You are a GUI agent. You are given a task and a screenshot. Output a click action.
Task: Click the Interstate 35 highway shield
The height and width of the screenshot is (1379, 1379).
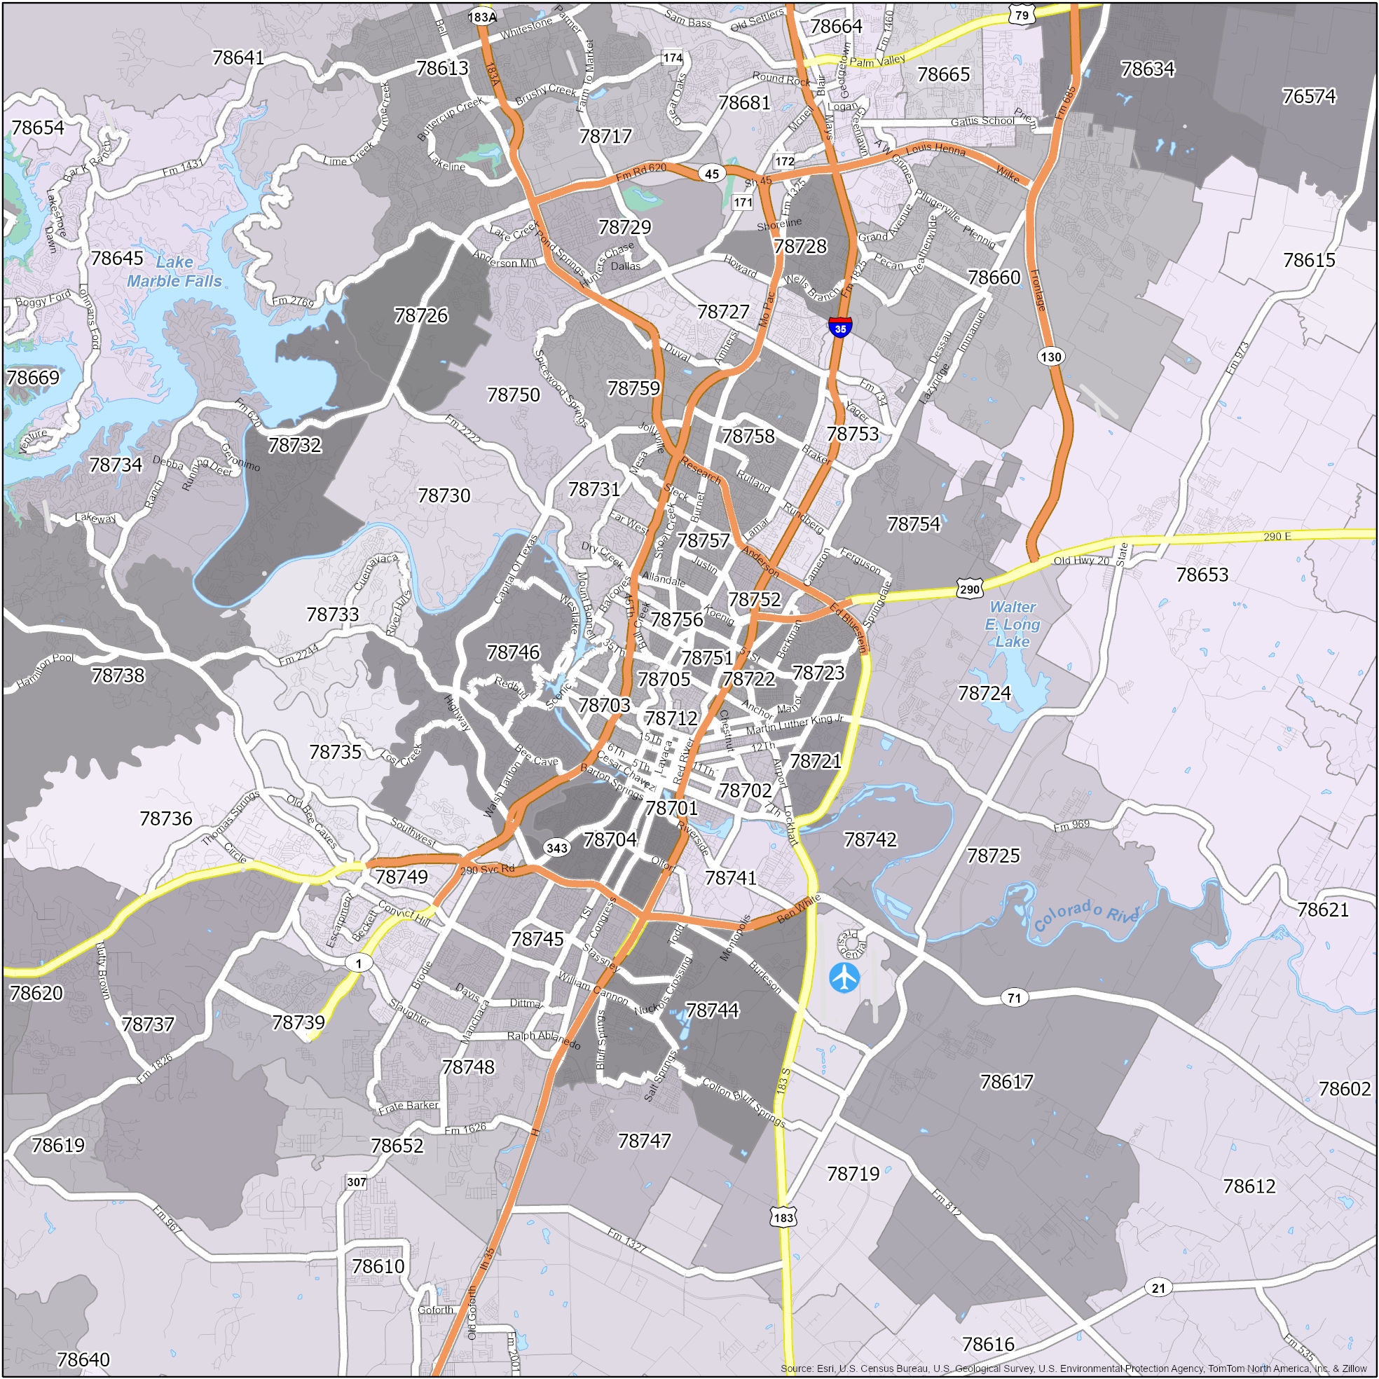[x=840, y=328]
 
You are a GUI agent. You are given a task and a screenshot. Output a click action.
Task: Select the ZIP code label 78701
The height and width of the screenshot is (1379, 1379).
[x=671, y=808]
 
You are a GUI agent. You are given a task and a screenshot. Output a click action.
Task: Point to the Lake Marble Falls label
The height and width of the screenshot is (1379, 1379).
[x=174, y=271]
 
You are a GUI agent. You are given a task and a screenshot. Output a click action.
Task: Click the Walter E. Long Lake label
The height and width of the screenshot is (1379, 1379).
[x=1012, y=624]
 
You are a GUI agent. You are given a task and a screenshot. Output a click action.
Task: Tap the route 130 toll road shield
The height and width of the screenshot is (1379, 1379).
[x=1050, y=356]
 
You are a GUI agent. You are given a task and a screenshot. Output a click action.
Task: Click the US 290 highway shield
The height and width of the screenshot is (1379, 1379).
[x=969, y=589]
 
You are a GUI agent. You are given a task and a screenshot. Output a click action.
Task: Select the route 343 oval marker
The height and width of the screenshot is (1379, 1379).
[x=556, y=847]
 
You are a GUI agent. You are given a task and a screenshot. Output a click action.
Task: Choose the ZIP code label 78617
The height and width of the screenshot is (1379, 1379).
[x=1006, y=1082]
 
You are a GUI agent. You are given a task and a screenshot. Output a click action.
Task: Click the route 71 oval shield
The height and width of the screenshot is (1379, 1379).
[x=1013, y=998]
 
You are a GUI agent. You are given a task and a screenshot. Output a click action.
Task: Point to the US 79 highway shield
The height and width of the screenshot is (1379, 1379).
[x=1022, y=15]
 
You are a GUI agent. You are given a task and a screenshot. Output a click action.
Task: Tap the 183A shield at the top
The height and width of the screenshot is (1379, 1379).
[x=482, y=16]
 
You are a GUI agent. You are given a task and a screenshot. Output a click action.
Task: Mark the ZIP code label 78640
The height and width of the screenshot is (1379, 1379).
[x=83, y=1359]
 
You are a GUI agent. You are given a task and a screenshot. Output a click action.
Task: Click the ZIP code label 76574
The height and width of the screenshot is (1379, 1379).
[x=1308, y=97]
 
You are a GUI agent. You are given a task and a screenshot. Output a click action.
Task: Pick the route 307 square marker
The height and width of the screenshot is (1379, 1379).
[x=356, y=1182]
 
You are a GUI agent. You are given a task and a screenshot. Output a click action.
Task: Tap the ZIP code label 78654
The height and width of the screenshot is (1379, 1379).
[x=38, y=128]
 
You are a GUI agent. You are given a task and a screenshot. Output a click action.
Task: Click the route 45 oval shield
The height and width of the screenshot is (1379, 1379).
[x=712, y=174]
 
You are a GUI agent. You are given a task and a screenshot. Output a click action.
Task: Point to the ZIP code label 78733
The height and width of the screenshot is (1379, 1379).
[x=333, y=614]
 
